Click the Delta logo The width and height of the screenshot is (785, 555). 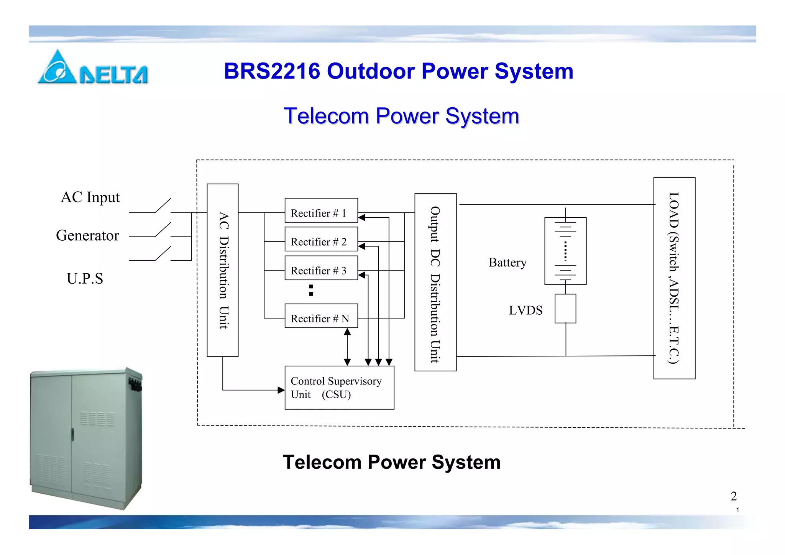pos(92,68)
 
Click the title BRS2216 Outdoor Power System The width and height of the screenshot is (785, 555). pos(398,71)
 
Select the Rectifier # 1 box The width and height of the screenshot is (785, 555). pos(321,210)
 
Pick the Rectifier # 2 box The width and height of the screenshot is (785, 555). pos(321,239)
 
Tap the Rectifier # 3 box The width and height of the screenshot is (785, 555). pos(321,268)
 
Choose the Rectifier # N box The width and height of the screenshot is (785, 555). pos(321,316)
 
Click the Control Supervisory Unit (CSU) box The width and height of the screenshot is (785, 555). pos(339,388)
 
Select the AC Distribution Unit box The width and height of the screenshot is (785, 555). pos(223,270)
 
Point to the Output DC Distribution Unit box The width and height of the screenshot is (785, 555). pos(435,282)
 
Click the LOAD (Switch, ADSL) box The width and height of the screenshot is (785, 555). pos(674,278)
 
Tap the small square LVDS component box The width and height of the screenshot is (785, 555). pos(565,309)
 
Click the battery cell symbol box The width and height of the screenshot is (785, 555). pos(565,251)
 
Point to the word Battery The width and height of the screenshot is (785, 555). pos(507,263)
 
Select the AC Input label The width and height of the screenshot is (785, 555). pos(90,197)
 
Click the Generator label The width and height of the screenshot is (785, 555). pos(87,235)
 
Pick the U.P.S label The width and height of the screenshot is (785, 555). pos(85,279)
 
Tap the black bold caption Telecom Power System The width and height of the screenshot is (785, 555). pos(391,462)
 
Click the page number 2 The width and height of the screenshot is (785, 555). pos(734,496)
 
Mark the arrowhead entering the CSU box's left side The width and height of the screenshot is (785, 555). pos(281,390)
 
